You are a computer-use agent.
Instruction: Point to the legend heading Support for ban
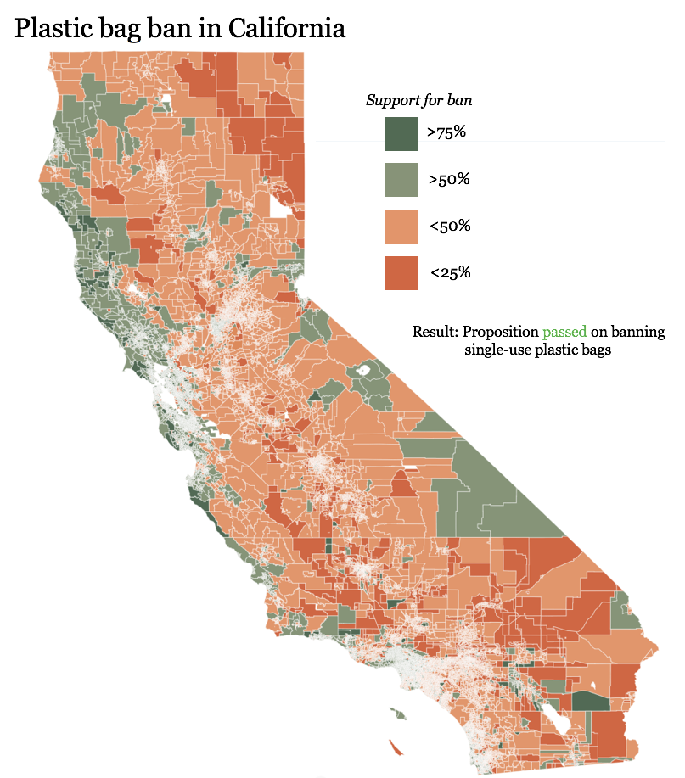tap(418, 100)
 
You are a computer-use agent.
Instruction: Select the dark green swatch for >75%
tap(401, 133)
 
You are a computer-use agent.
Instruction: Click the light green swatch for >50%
tap(401, 180)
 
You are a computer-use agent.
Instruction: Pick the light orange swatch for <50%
tap(401, 227)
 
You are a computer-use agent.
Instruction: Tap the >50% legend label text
tap(449, 180)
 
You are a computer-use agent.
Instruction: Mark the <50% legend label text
tap(449, 227)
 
